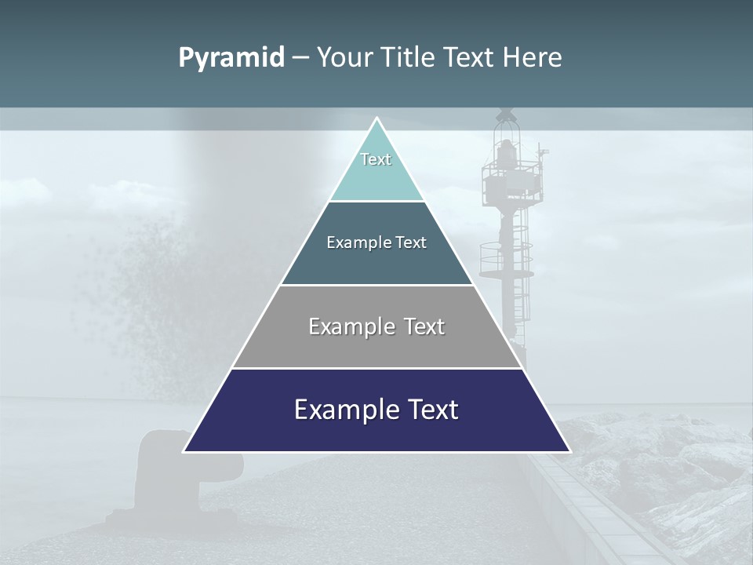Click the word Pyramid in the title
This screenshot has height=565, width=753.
(231, 58)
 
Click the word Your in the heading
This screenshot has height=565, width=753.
(344, 58)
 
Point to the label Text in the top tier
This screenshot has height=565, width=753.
(376, 159)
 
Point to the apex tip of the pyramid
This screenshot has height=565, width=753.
(376, 119)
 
